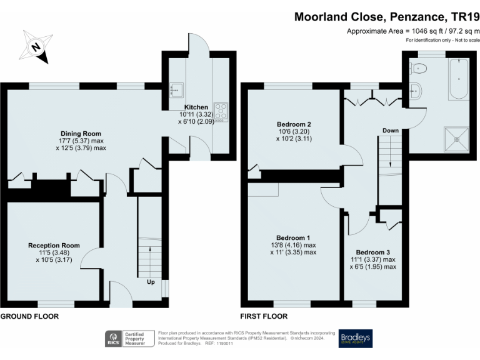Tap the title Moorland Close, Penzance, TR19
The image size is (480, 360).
(x=386, y=16)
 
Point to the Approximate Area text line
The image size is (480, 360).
(x=413, y=31)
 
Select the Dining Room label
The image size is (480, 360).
(x=81, y=133)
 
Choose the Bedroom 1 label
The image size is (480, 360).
(x=293, y=237)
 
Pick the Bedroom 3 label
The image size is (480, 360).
(x=372, y=252)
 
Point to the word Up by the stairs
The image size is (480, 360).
(x=151, y=282)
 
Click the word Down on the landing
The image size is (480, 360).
(x=391, y=131)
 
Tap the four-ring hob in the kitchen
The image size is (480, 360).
(x=221, y=111)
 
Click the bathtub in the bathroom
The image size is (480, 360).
(x=458, y=79)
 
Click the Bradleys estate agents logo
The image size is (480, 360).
(x=356, y=339)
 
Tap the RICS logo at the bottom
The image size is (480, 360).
(x=114, y=339)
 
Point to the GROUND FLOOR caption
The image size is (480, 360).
(x=29, y=317)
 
